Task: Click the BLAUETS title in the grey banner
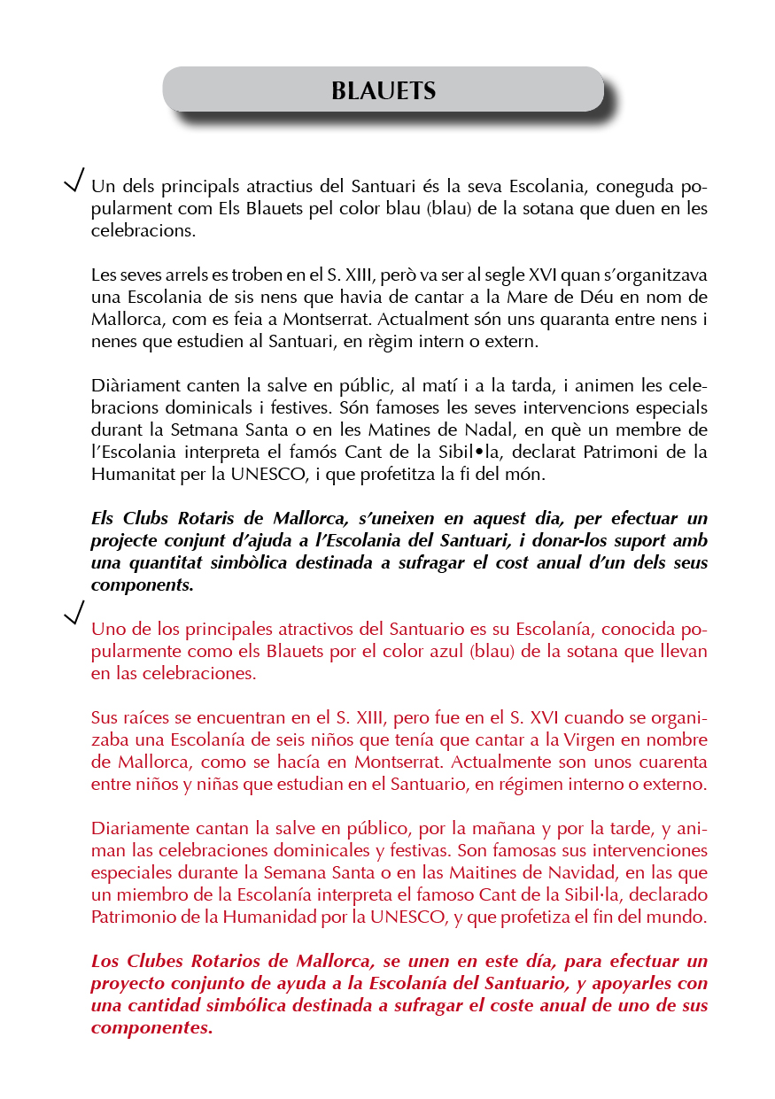[x=384, y=91]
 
